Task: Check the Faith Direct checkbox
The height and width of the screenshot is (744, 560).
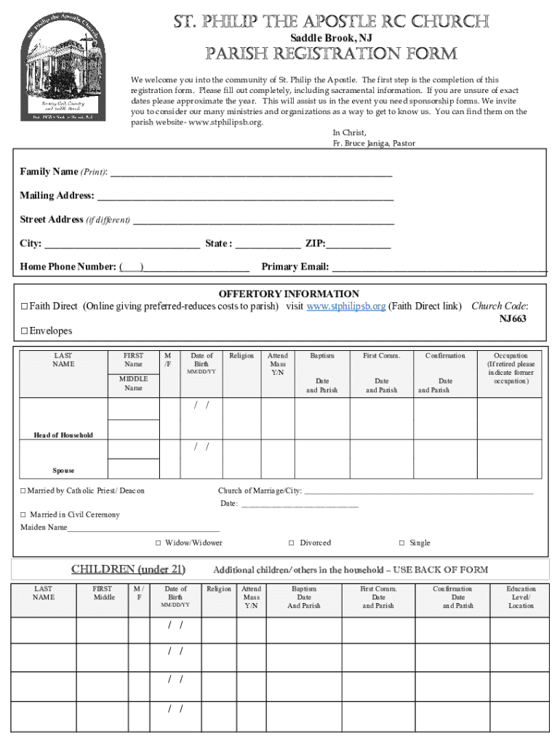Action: click(x=24, y=307)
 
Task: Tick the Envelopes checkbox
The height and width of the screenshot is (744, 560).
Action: click(x=24, y=331)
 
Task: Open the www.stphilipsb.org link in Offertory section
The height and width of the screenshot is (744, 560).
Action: click(x=345, y=307)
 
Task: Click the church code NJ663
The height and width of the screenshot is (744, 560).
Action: click(x=513, y=319)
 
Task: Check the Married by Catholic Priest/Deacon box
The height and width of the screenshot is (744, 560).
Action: click(x=23, y=491)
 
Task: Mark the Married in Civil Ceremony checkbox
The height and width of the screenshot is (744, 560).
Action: click(x=23, y=515)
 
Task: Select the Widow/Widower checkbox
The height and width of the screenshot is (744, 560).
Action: click(x=159, y=543)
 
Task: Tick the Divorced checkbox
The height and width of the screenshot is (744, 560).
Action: click(x=292, y=543)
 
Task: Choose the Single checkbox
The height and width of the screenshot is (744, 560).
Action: click(x=401, y=543)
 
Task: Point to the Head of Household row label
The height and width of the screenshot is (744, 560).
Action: click(x=63, y=435)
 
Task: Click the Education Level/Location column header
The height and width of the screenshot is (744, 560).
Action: click(x=521, y=597)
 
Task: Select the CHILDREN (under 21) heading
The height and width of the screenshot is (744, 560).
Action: click(x=128, y=569)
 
